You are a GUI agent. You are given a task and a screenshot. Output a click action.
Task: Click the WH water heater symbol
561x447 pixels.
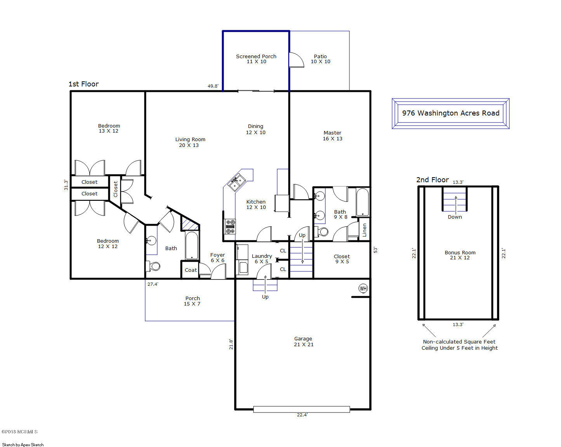[363, 288]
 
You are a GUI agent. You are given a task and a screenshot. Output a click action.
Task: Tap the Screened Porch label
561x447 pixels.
[256, 56]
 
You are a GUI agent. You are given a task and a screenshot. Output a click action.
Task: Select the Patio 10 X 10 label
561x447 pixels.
[320, 59]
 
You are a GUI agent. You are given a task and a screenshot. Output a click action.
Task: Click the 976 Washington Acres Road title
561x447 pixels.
[451, 113]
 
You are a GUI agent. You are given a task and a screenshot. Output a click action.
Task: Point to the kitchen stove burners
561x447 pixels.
[231, 226]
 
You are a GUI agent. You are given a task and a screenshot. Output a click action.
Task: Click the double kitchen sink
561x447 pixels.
[237, 181]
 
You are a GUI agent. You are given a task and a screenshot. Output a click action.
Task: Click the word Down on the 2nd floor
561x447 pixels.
[455, 217]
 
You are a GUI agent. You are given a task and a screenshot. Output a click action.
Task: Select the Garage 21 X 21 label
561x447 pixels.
[304, 342]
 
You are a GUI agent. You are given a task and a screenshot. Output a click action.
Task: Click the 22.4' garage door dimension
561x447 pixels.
[302, 415]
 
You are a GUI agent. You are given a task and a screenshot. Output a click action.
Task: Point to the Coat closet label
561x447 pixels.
[191, 270]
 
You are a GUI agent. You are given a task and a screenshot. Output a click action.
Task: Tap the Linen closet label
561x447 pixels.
[365, 230]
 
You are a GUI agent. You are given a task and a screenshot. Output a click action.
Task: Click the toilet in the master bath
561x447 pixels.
[321, 231]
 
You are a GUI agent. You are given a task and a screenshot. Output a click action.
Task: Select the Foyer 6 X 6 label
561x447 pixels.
[218, 258]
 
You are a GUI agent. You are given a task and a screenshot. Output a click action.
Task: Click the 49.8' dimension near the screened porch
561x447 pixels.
[213, 86]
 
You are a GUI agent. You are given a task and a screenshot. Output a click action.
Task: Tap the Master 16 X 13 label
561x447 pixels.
[333, 136]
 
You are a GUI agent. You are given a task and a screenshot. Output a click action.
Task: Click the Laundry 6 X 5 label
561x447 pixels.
[262, 259]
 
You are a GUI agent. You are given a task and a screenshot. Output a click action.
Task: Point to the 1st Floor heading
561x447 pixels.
[84, 84]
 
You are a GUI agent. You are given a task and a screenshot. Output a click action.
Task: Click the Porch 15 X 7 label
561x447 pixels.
[193, 301]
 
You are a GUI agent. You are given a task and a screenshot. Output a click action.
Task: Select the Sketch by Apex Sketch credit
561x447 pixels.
[23, 445]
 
